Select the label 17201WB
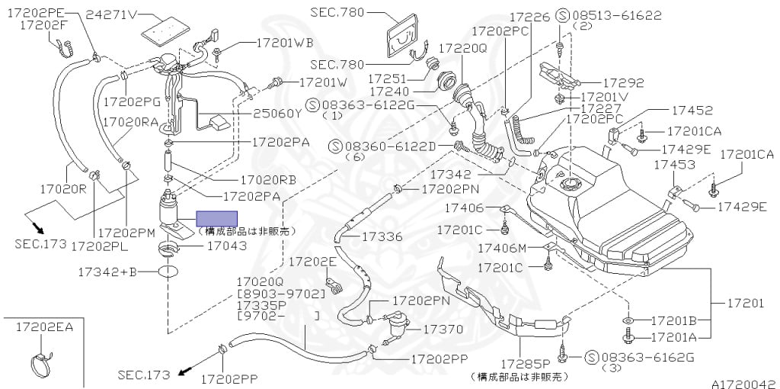286,42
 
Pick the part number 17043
228,246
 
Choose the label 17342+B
107,271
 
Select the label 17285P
525,363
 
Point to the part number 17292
624,83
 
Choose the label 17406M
502,248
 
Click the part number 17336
382,236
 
